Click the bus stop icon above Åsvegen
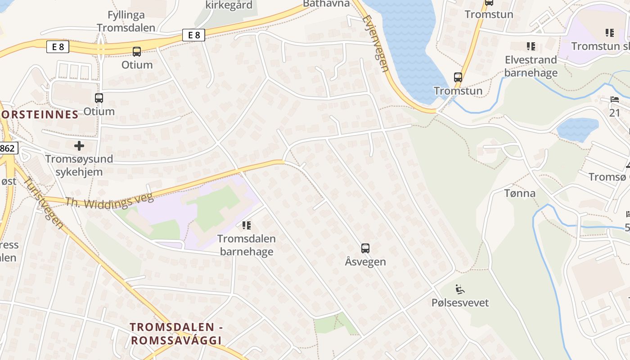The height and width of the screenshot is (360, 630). [x=365, y=248]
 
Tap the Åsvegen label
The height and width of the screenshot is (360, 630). [x=365, y=261]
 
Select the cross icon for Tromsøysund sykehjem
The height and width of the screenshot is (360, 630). [x=79, y=146]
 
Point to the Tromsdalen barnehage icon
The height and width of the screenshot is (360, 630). [x=246, y=225]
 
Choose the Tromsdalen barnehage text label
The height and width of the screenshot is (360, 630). [x=246, y=245]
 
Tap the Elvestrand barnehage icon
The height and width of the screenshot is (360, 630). [x=531, y=46]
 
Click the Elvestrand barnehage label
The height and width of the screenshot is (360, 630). [x=531, y=66]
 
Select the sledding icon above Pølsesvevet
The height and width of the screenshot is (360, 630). [x=459, y=289]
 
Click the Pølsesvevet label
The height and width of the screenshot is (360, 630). [x=460, y=302]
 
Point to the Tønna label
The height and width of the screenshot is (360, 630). [x=520, y=193]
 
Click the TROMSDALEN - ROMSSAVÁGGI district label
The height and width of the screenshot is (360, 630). [x=176, y=334]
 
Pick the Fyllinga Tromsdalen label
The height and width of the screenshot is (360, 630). [x=126, y=21]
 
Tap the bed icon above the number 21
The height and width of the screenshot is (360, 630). [x=615, y=99]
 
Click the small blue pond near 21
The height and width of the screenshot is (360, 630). [x=577, y=128]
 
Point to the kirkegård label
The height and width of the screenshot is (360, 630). [x=229, y=5]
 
